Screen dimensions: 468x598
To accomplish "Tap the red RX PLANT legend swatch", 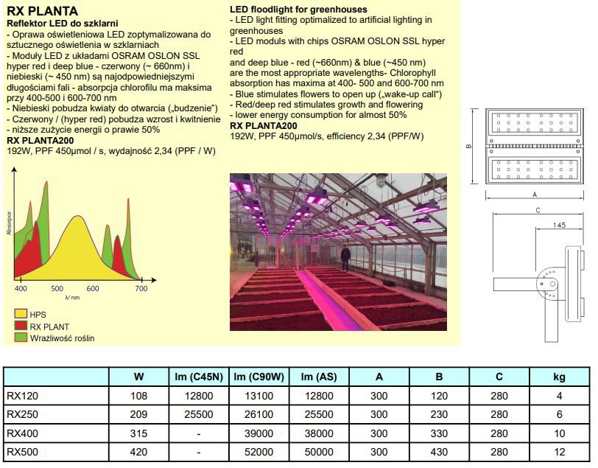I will click(x=19, y=326).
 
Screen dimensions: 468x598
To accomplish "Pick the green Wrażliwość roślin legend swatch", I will click(x=19, y=338).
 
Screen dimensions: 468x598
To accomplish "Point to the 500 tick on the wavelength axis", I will click(x=57, y=288).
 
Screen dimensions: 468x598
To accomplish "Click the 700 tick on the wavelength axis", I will click(x=141, y=288).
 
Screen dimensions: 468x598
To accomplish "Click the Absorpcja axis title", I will click(x=10, y=223).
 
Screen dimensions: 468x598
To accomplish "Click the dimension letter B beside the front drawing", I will click(x=469, y=146).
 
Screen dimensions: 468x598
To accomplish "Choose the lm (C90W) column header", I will click(x=258, y=377).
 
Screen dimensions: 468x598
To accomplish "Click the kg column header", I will click(x=559, y=377).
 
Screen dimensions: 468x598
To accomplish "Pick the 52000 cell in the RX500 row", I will click(x=258, y=451).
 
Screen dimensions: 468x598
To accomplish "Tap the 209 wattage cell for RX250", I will click(x=138, y=414).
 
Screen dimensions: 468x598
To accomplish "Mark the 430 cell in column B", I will click(x=439, y=451).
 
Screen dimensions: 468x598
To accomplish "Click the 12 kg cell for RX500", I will click(x=559, y=451).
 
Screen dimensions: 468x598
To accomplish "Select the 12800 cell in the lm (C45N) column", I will click(x=199, y=396).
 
